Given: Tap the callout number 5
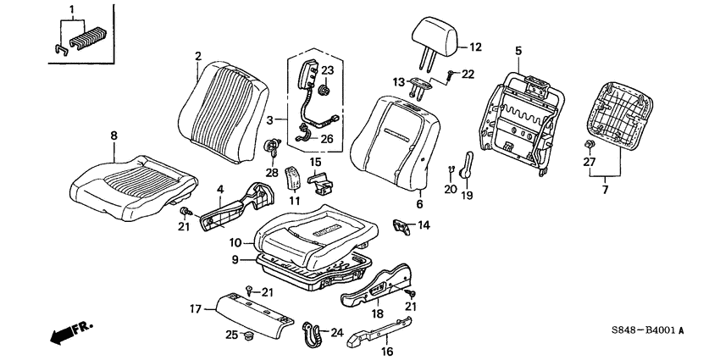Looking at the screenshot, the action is [518, 52].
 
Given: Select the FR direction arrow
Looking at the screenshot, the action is [70, 332].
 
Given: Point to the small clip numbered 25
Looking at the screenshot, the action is [247, 335].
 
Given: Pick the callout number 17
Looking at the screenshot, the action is [196, 308].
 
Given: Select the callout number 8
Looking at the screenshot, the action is [114, 136].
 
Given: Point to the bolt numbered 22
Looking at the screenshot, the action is [451, 74].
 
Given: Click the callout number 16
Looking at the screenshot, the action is [386, 352].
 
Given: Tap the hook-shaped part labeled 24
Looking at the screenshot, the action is [311, 333].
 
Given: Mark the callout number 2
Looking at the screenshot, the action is [198, 57].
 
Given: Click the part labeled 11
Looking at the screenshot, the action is [292, 177].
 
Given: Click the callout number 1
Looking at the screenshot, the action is [71, 9].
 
